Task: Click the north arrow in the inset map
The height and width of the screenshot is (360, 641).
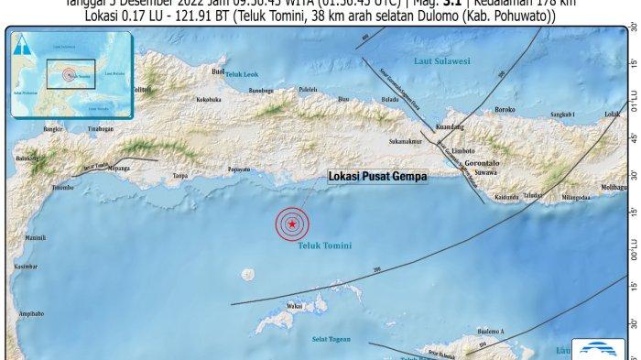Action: (24, 40)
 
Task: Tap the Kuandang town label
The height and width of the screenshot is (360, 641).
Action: (451, 129)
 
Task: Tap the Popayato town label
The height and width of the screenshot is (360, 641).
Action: (238, 169)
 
